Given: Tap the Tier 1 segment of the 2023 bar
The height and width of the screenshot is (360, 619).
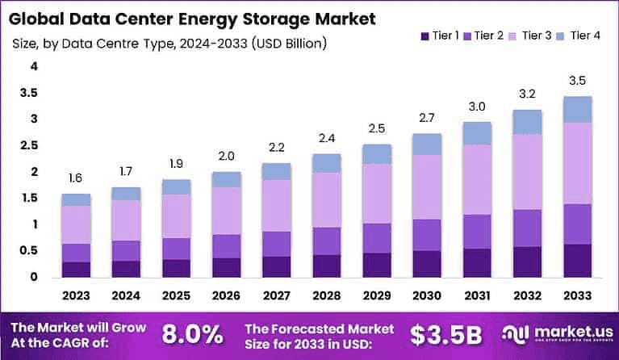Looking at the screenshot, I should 76,270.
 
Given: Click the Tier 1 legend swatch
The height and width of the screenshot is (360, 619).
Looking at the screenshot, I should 425,36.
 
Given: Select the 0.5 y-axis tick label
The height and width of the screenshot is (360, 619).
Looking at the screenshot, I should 30,250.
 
